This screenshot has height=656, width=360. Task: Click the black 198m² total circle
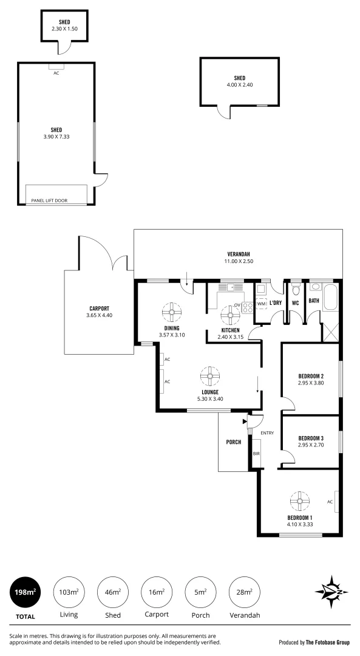pyautogui.click(x=25, y=592)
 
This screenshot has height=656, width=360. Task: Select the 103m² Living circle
pyautogui.click(x=69, y=592)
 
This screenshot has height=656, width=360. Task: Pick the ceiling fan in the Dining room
pyautogui.click(x=172, y=313)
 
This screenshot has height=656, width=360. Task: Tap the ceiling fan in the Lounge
pyautogui.click(x=210, y=376)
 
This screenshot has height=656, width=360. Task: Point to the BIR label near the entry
pyautogui.click(x=256, y=453)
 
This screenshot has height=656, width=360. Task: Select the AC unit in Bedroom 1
pyautogui.click(x=336, y=502)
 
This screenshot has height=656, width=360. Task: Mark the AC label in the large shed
pyautogui.click(x=56, y=72)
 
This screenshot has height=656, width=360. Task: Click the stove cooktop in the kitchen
pyautogui.click(x=248, y=307)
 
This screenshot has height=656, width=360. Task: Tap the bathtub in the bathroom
pyautogui.click(x=330, y=299)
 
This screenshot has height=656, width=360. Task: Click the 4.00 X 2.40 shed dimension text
pyautogui.click(x=239, y=85)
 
